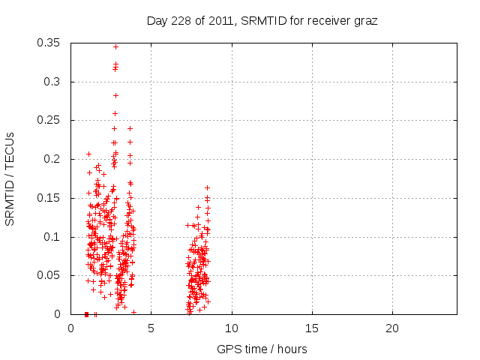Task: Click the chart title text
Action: [262, 20]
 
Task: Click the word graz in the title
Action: [365, 20]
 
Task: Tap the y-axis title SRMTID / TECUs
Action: [10, 178]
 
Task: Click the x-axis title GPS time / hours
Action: [262, 349]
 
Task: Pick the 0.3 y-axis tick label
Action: [55, 82]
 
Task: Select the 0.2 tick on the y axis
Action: [55, 159]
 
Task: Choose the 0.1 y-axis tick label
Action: [55, 237]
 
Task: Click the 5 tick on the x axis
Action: [151, 328]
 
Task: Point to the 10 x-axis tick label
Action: [232, 328]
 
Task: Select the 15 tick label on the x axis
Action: [312, 328]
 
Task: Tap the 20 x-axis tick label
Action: [392, 328]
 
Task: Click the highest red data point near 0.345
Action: [115, 46]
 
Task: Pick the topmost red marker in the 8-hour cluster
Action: [207, 187]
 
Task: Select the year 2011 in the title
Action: [217, 20]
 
